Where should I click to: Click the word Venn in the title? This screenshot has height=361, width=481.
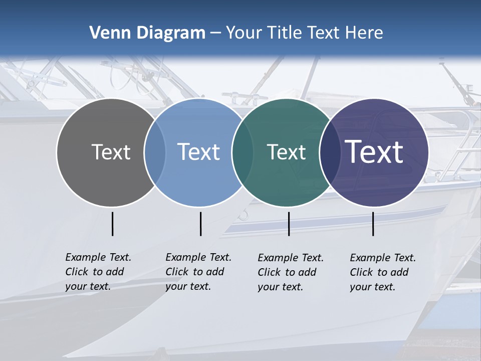(107, 33)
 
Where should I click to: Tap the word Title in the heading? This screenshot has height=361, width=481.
(285, 33)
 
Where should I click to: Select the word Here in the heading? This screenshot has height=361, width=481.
(365, 33)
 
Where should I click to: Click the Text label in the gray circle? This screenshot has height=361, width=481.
(111, 152)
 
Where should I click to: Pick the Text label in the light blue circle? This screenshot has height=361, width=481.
(198, 152)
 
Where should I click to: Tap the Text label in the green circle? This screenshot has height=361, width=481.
(286, 152)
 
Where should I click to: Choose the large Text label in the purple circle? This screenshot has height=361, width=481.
(374, 152)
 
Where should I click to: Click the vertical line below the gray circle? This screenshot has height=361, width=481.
(112, 224)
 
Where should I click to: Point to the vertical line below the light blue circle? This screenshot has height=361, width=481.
(200, 224)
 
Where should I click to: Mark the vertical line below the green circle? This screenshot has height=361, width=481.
(289, 224)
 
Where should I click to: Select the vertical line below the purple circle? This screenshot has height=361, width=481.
(373, 224)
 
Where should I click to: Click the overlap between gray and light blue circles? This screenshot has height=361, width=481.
(155, 152)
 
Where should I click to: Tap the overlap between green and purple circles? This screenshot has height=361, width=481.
(328, 152)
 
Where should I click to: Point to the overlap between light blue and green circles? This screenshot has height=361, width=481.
(242, 152)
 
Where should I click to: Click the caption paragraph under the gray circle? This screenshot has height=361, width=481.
(98, 272)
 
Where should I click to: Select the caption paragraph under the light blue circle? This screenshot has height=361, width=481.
(198, 272)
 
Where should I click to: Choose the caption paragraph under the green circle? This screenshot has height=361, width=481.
(291, 272)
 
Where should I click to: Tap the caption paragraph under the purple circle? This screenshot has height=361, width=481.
(383, 272)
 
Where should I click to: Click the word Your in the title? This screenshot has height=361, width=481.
(245, 33)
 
